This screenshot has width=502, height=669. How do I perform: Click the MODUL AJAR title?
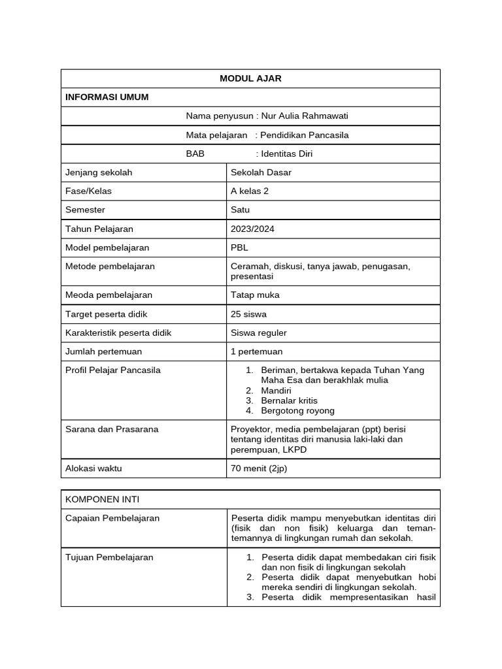250,78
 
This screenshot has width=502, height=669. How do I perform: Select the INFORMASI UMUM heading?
107,97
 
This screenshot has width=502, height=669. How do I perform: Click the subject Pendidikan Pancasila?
304,135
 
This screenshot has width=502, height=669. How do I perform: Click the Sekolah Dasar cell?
261,172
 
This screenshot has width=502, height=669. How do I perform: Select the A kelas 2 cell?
250,191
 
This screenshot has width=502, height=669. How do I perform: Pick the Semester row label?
86,210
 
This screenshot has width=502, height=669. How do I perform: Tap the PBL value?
239,248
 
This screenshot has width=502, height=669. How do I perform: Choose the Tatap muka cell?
255,295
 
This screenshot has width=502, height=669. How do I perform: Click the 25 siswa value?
248,314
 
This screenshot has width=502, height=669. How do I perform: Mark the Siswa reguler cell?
259,333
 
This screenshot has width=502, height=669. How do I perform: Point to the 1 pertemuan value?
257,351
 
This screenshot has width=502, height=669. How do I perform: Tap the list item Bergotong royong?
297,411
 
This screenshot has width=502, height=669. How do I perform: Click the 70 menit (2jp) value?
259,468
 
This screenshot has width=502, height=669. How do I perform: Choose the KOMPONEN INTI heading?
103,500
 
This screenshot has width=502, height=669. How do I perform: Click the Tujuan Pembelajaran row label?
110,557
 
